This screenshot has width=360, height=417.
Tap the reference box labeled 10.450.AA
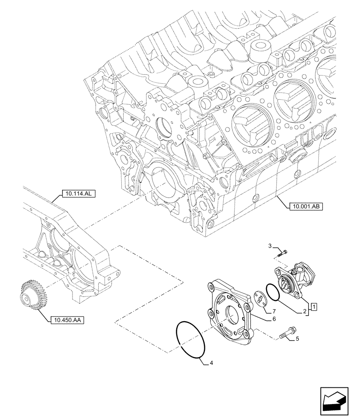tap(67, 320)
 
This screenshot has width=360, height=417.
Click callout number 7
tap(274, 311)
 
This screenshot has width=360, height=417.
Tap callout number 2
tap(305, 311)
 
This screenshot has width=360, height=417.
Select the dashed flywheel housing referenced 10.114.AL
tap(71, 250)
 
